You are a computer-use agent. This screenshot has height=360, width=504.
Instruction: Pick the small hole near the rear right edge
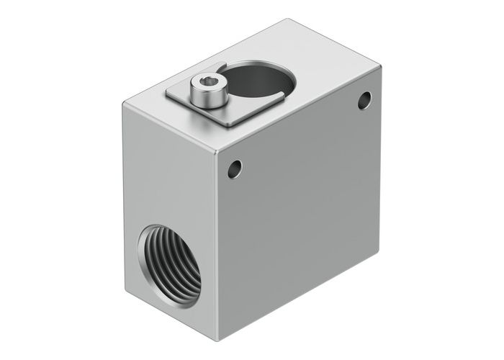coord(364,100)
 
